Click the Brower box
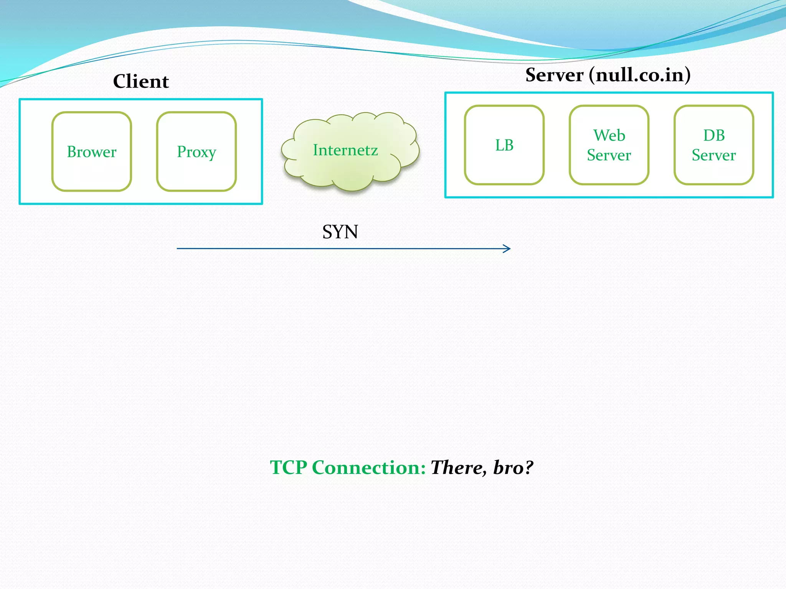92,152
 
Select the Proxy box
196,152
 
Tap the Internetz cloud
345,150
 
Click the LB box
504,145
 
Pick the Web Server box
609,145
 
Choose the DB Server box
714,145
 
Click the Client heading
141,81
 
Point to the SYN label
340,232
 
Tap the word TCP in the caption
289,467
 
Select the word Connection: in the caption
369,467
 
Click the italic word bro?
513,467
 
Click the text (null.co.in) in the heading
640,75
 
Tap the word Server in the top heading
554,75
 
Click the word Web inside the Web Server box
609,135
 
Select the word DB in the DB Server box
714,135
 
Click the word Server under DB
714,155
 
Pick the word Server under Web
609,155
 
